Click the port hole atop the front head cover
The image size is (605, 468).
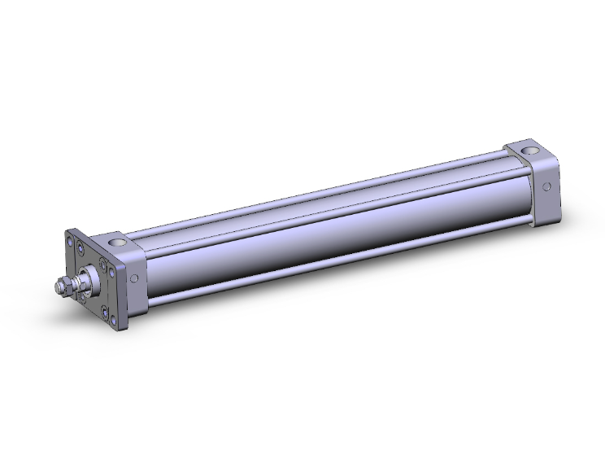(115, 243)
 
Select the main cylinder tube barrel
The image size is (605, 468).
(325, 236)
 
